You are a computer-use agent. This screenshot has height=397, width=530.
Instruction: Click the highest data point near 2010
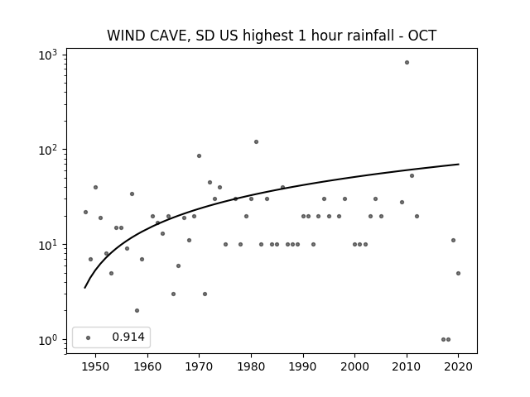point(407,63)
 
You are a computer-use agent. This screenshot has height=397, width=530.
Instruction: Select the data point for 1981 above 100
point(256,141)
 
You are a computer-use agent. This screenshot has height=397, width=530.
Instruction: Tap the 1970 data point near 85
point(199,156)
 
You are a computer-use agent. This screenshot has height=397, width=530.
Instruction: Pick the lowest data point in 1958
point(137,311)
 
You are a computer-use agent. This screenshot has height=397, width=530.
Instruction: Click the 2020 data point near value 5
point(458,274)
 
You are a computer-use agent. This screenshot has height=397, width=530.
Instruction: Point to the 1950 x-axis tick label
point(96,366)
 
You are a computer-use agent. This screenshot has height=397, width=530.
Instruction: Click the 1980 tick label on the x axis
point(251,366)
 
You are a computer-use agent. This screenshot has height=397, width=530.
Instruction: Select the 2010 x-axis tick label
point(407,366)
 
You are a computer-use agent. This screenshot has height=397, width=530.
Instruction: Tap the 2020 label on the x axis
point(458,366)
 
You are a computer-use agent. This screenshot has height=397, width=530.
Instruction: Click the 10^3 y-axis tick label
point(48,55)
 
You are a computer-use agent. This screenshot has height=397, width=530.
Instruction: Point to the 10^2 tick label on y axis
point(48,150)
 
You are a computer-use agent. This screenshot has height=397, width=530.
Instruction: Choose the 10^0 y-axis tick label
point(48,340)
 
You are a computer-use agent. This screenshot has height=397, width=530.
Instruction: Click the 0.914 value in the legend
point(128,337)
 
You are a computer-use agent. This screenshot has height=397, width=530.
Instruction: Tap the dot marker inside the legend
point(89,337)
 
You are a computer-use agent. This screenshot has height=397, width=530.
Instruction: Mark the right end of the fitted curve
point(459,164)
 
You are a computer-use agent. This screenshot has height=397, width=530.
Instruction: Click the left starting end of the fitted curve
point(84,288)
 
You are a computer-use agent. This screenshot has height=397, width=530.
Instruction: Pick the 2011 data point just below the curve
point(412,176)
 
